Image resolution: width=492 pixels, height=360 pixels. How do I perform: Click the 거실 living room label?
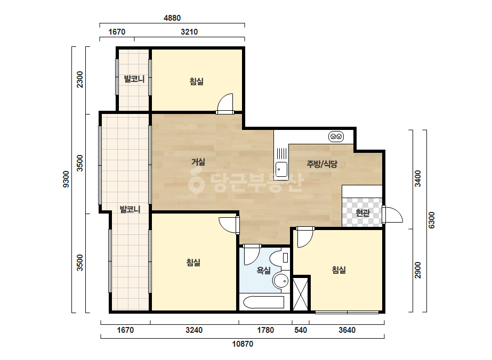[198, 162]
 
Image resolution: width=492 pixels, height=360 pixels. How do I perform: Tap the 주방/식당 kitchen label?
[322, 163]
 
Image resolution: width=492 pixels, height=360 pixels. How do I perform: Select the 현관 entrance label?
[362, 213]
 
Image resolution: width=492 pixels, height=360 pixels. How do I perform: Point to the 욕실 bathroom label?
[263, 270]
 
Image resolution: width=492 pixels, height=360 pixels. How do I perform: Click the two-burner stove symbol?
[336, 137]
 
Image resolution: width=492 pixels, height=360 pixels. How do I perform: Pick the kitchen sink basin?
[281, 169]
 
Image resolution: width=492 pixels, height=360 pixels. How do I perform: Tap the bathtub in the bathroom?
[264, 302]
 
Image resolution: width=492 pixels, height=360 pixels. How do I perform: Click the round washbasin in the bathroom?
[281, 280]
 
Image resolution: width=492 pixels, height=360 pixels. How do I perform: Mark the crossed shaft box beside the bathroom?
[301, 294]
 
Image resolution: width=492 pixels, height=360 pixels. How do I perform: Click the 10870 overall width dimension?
[243, 344]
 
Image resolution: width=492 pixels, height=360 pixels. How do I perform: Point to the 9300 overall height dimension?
[66, 179]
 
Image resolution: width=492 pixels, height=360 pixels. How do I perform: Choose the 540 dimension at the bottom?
[301, 330]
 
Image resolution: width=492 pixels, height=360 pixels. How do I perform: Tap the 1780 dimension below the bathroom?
[265, 330]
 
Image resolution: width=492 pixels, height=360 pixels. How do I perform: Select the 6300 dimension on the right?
[432, 220]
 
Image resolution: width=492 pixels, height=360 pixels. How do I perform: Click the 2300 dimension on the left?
[80, 80]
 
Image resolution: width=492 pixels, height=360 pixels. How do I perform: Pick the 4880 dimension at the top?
[172, 18]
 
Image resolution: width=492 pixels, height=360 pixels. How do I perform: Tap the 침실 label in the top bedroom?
[197, 81]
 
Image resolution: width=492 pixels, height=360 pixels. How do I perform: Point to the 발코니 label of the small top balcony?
[134, 79]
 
